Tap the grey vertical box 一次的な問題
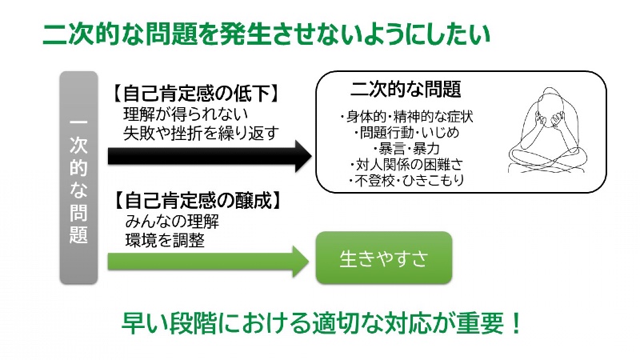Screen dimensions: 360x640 click(78, 178)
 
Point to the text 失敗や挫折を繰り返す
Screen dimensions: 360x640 click(201, 132)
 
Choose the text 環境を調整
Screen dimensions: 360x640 click(165, 239)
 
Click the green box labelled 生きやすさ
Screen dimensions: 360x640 click(384, 258)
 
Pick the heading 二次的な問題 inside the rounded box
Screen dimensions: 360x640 click(406, 87)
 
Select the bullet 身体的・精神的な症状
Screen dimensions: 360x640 click(406, 116)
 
